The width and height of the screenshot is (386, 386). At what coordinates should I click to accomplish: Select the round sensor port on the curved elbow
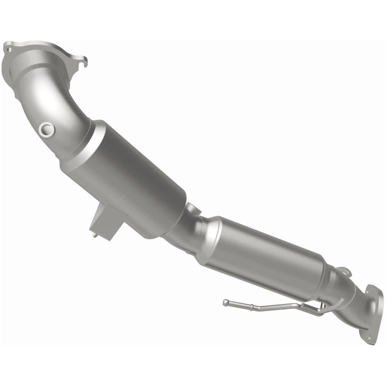(x=47, y=129)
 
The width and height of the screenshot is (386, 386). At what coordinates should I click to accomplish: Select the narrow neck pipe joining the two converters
(x=186, y=227)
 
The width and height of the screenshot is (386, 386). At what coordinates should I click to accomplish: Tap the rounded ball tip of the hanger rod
(x=226, y=303)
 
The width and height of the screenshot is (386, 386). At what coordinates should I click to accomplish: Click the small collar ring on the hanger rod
(x=251, y=305)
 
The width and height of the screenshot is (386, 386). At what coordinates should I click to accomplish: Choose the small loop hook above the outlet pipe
(x=341, y=272)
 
